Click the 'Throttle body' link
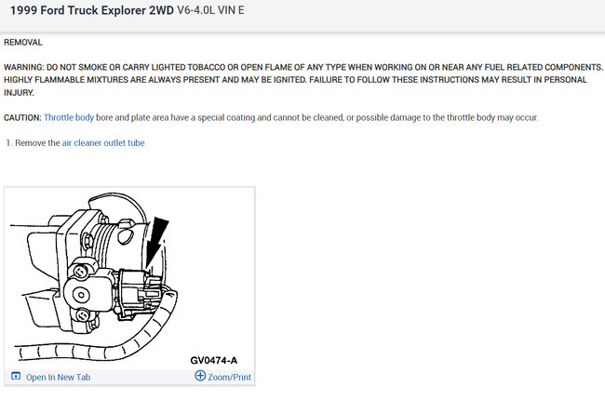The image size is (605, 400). point(69,117)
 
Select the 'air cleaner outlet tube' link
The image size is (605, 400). point(104,142)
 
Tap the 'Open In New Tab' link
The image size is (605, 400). point(59,377)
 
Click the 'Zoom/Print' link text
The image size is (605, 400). point(229,377)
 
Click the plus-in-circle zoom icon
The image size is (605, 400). point(200,375)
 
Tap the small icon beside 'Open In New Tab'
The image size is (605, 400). point(16,376)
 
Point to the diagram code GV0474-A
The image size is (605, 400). point(214,360)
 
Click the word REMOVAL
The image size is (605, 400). point(23,43)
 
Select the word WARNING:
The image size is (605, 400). point(24,67)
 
